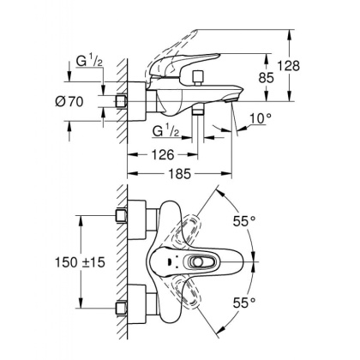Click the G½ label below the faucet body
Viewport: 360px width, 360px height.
167,133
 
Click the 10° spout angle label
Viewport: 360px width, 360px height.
260,118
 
